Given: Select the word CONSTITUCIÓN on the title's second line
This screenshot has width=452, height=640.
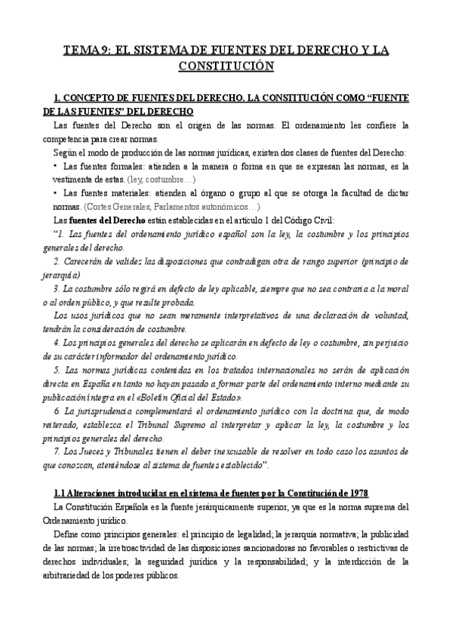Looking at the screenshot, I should [x=226, y=66].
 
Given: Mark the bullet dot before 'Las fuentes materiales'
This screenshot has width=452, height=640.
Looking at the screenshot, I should [x=56, y=193].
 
